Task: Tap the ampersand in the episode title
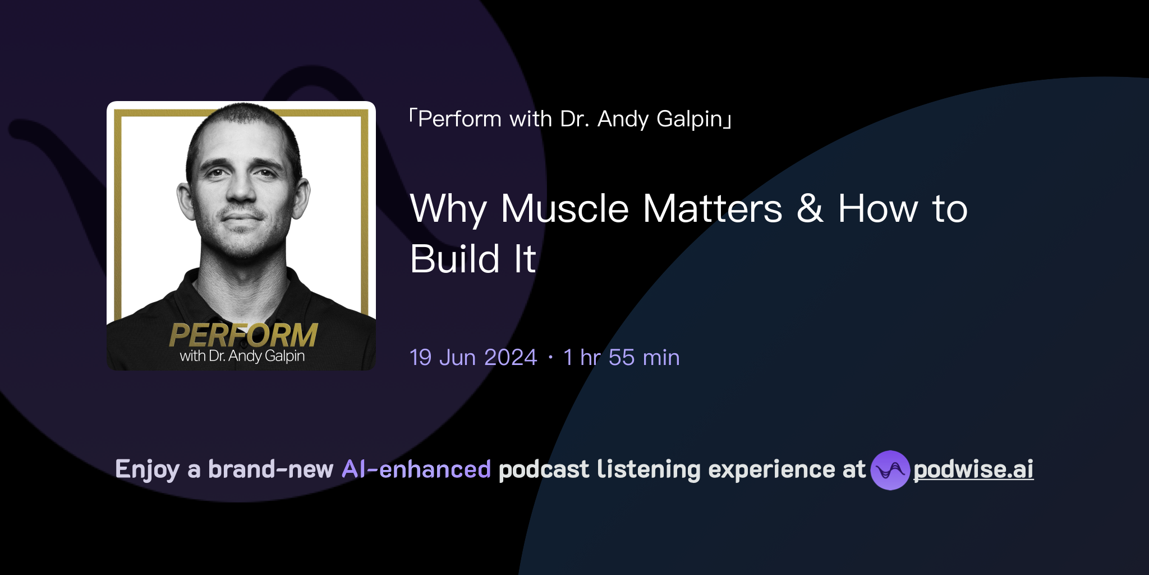click(x=810, y=209)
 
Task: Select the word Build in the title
click(x=455, y=259)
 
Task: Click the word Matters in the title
click(x=712, y=209)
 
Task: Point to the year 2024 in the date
click(x=511, y=358)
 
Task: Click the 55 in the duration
click(x=621, y=358)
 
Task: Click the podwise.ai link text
click(x=973, y=469)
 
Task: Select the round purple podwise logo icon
click(x=890, y=470)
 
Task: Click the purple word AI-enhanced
click(x=416, y=469)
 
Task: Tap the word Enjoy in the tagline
click(x=147, y=469)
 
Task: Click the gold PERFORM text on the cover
click(x=243, y=335)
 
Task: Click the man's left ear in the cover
click(x=301, y=199)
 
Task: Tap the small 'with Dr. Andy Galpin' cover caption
click(x=242, y=356)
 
